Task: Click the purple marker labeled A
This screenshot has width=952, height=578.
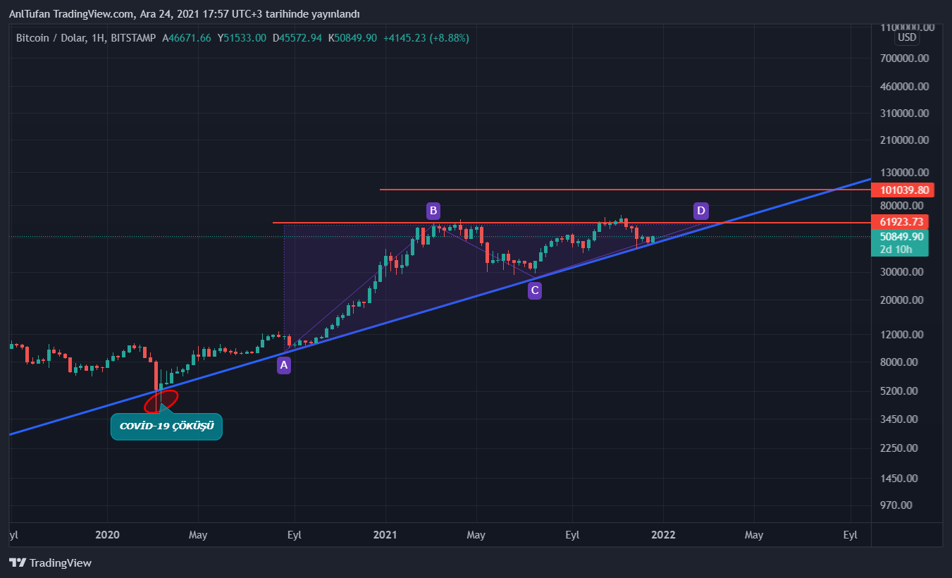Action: tap(283, 365)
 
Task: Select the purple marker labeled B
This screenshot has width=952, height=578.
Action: tap(433, 210)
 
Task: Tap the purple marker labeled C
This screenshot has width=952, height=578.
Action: tap(535, 290)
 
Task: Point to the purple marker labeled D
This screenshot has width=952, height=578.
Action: tap(700, 210)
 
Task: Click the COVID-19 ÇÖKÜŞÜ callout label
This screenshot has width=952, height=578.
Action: tap(166, 426)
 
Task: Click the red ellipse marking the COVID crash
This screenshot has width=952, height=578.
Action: tap(161, 400)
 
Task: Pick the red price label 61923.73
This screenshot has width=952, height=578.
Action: tap(902, 222)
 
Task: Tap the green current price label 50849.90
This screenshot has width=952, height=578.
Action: tap(902, 237)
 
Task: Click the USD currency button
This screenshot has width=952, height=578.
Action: tap(906, 37)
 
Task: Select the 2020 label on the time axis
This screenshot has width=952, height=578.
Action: tap(108, 535)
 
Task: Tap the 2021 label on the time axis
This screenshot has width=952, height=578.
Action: tap(385, 535)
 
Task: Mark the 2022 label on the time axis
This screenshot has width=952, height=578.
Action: tap(663, 535)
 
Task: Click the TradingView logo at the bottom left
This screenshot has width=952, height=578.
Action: tap(51, 562)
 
